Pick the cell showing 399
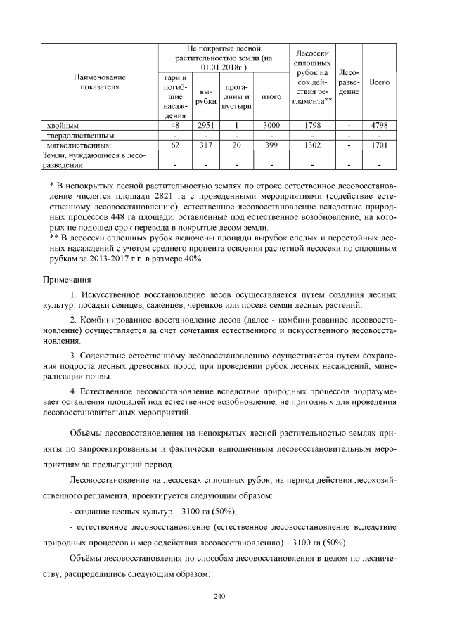pos(271,145)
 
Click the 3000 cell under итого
pos(271,124)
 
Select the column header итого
pos(271,97)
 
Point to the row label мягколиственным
pos(75,145)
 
